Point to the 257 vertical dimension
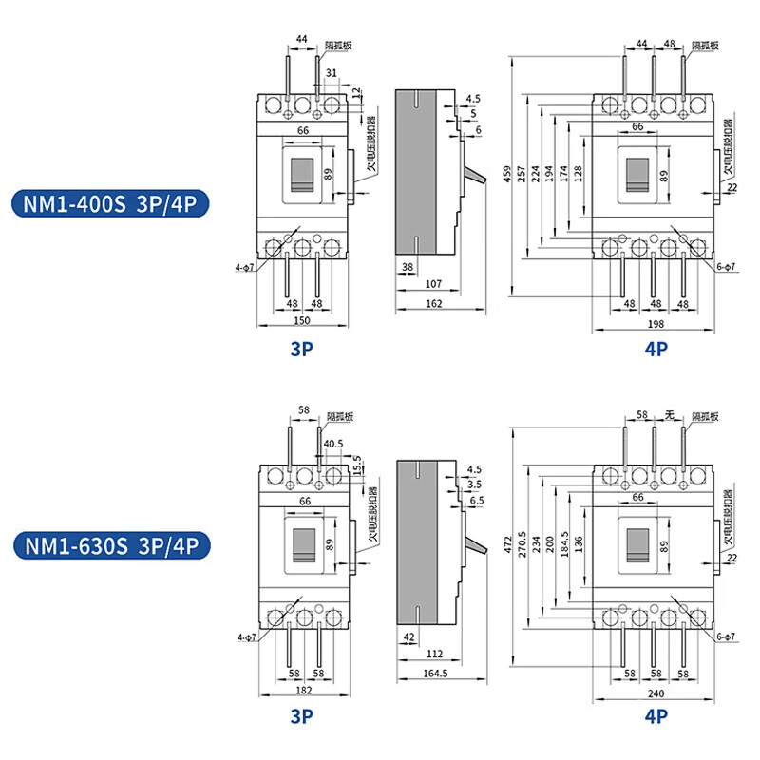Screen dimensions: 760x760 (522, 175)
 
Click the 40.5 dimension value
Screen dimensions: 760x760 (333, 443)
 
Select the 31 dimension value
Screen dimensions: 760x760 (331, 73)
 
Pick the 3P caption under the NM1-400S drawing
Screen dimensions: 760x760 (302, 350)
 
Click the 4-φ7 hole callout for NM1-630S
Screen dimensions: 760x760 (247, 636)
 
